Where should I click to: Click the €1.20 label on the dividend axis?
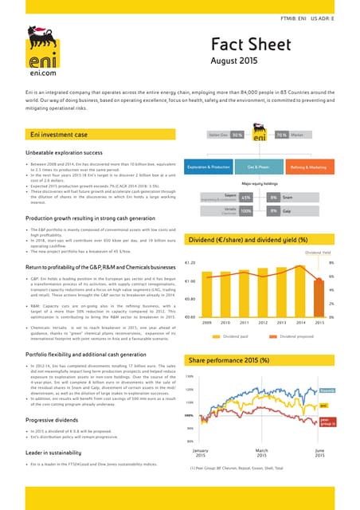(191, 261)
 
